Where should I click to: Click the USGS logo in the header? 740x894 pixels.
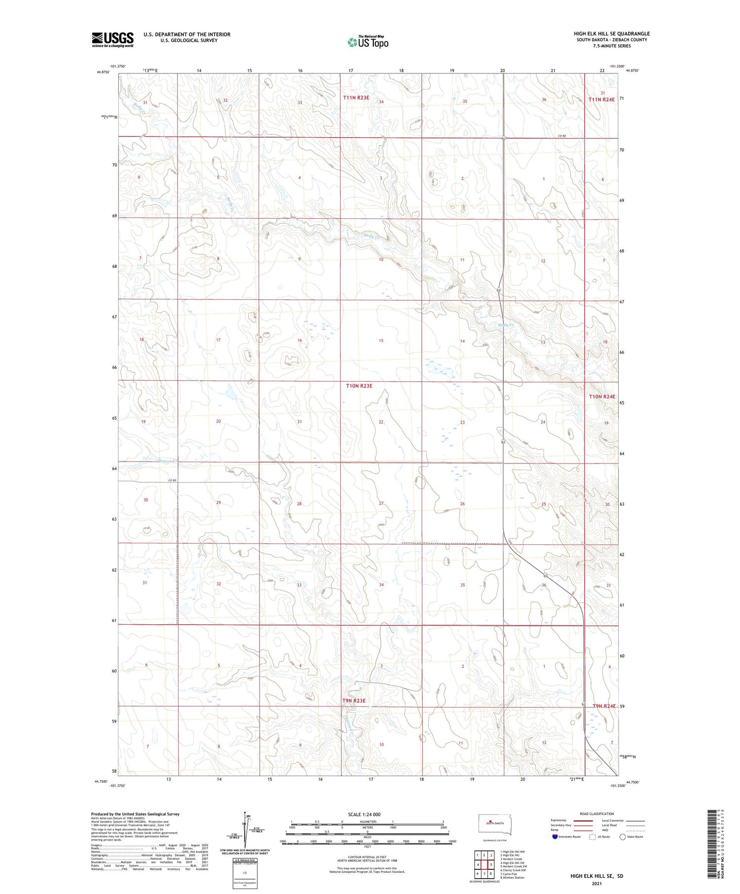coord(112,39)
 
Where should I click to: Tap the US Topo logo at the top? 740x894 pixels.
coord(368,42)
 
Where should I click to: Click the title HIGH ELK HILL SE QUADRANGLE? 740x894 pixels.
coord(612,34)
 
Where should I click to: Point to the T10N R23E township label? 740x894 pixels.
coord(359,386)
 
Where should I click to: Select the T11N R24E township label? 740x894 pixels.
coord(601,100)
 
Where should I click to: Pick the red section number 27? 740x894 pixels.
coord(381,503)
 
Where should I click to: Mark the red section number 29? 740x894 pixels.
coord(219,502)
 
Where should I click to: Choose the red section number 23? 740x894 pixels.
coord(462,422)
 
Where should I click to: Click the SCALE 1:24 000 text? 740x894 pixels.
coord(364,814)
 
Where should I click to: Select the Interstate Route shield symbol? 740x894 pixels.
coord(555,837)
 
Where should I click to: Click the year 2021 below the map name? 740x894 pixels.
coord(596,883)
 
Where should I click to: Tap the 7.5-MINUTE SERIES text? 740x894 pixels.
coord(612,46)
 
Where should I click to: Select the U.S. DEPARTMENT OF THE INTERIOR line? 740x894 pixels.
coord(187,34)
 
